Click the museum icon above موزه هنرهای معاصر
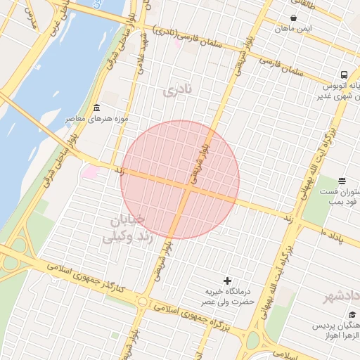[96, 108]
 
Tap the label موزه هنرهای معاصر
[96, 119]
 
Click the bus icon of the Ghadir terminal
[344, 75]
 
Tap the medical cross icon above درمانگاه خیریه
[226, 280]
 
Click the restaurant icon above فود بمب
[342, 181]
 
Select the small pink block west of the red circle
[91, 172]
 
